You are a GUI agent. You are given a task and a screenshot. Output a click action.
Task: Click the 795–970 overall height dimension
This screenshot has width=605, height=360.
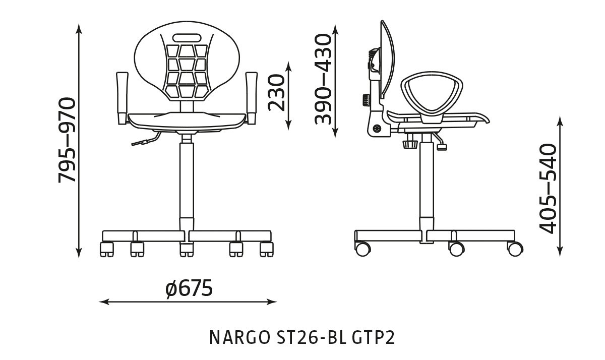point(67,140)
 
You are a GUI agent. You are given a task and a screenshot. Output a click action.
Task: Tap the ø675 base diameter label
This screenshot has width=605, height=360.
point(189,289)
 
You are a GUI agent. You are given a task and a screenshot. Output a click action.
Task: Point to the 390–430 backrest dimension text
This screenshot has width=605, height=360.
point(323,79)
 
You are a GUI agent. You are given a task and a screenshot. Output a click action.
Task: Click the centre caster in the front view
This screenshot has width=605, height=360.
point(187,249)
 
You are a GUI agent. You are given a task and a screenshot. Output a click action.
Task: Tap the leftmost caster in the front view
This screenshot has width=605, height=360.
point(107,249)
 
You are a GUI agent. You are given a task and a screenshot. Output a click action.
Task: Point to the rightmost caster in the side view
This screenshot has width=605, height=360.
point(515,248)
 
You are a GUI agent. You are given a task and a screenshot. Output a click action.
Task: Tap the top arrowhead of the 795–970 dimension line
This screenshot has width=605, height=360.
point(79,27)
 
